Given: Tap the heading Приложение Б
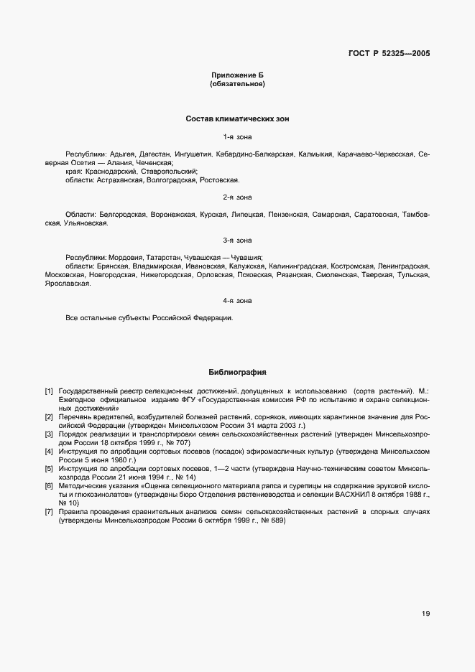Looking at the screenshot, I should click(237, 75).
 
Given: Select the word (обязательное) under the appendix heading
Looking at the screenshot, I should click(237, 84).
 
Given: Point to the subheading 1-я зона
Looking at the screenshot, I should click(237, 136).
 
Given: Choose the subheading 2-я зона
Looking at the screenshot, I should click(237, 197).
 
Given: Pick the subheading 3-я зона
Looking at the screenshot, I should click(237, 240).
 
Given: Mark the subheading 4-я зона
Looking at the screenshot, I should click(237, 300).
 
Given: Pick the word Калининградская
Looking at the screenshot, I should click(298, 266).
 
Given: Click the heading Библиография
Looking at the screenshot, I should click(237, 373).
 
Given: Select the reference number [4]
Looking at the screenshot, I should click(49, 452).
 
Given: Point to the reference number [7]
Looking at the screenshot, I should click(49, 512).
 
